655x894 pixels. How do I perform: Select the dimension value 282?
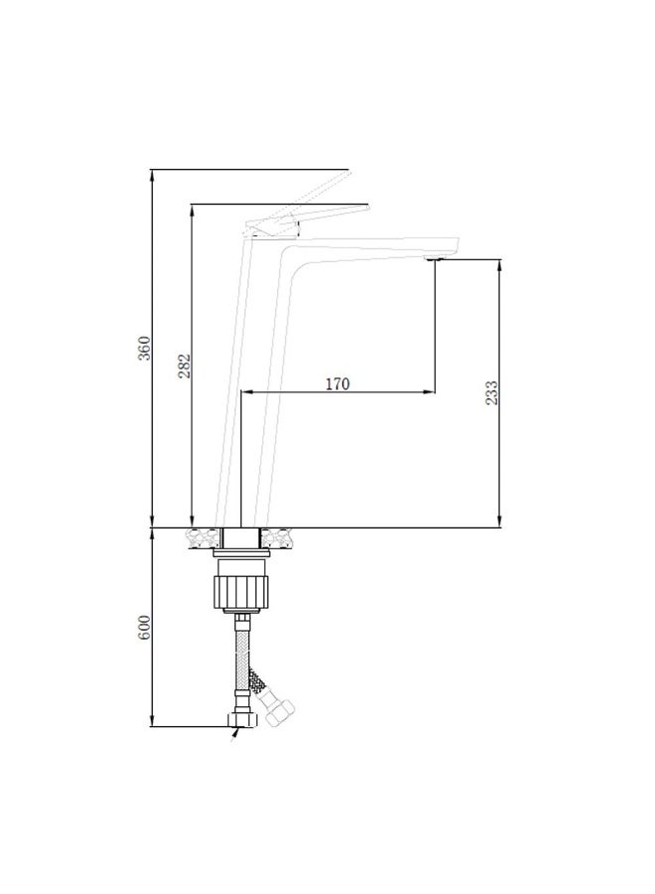click(x=184, y=367)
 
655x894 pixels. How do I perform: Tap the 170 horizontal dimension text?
click(x=338, y=383)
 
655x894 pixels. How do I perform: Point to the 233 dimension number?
click(x=492, y=393)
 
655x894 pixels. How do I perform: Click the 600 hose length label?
click(x=143, y=628)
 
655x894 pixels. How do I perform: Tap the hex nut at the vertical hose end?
click(x=239, y=716)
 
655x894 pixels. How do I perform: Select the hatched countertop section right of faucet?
click(x=280, y=537)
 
